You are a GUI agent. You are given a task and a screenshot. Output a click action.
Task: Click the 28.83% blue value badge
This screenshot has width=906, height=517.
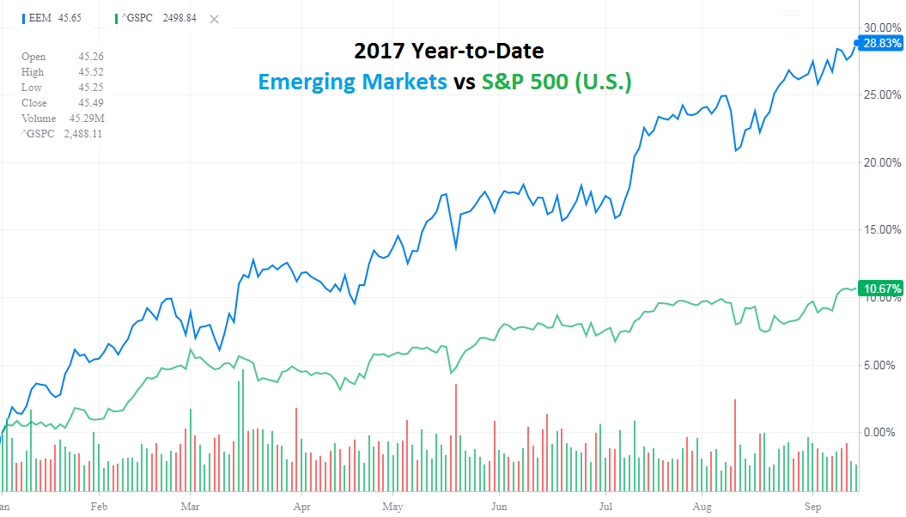[880, 42]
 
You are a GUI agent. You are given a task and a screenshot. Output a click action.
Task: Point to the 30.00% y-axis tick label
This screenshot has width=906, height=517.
[881, 26]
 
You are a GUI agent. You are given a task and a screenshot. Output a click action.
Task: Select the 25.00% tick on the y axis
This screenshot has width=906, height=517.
[881, 94]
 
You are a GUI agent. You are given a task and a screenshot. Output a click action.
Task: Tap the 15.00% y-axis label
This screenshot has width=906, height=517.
[881, 229]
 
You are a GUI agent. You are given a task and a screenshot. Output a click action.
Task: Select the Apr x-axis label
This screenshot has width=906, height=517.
[301, 507]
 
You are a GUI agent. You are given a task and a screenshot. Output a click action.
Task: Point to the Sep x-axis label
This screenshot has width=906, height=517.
[812, 507]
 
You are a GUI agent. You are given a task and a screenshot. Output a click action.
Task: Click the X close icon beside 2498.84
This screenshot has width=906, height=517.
[214, 19]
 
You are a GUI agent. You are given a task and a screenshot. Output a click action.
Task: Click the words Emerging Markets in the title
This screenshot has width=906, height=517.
[352, 82]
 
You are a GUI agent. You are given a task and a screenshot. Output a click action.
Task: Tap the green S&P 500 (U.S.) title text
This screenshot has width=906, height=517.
[556, 82]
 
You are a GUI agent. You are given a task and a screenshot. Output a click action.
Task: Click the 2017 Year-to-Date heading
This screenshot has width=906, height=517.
[448, 51]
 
